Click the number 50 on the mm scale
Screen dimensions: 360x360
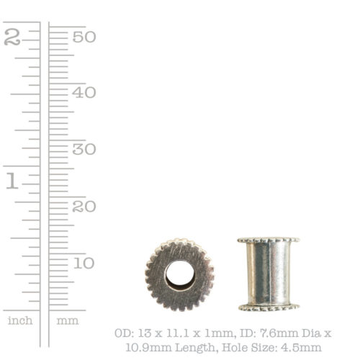(x=84, y=37)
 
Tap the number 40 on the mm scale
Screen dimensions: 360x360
(x=84, y=92)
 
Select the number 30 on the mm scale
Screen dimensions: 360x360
(x=84, y=149)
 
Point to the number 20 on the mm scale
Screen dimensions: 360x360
(x=84, y=206)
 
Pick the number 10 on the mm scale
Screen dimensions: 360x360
(x=84, y=263)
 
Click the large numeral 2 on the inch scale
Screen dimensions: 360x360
(x=12, y=37)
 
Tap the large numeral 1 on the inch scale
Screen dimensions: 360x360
(x=12, y=181)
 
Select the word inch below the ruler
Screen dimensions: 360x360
(x=20, y=320)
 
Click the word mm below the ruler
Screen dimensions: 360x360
(x=68, y=321)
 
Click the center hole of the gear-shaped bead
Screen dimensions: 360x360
(x=179, y=275)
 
